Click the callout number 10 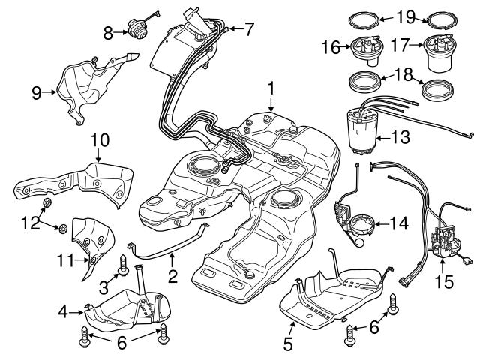point(100,140)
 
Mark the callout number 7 point(249,28)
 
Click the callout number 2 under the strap point(172,277)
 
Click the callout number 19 point(406,15)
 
